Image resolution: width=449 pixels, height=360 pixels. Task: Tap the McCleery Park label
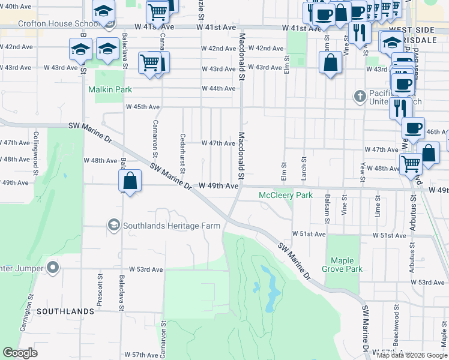click(286, 196)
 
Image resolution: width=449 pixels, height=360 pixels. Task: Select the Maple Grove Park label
click(346, 265)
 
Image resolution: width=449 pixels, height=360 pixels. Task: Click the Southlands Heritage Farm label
click(172, 226)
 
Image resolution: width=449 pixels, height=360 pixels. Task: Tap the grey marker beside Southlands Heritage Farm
click(113, 225)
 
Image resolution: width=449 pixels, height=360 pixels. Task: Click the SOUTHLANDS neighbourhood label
click(65, 311)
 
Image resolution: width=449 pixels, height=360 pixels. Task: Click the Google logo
click(20, 353)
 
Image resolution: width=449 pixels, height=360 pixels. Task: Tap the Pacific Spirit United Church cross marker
click(359, 96)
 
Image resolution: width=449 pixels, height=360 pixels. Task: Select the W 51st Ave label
click(309, 233)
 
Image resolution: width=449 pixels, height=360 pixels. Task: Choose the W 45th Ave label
click(142, 107)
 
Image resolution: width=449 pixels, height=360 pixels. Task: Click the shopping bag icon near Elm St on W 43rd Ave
click(330, 62)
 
